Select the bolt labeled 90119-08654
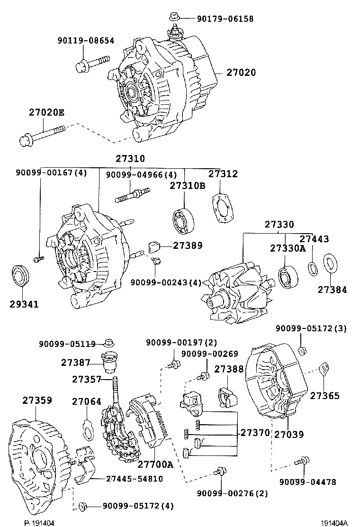92,64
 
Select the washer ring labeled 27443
313,268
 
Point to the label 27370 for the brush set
255,433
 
